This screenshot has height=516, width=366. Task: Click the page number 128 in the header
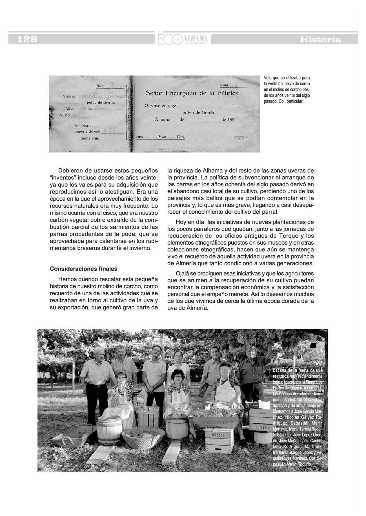pyautogui.click(x=27, y=39)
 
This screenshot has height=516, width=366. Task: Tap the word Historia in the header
pyautogui.click(x=320, y=40)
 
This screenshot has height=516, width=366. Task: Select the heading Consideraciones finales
pyautogui.click(x=83, y=269)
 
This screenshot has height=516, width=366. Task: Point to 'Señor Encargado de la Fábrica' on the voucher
pyautogui.click(x=192, y=93)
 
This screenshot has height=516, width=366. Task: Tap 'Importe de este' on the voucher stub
pyautogui.click(x=87, y=131)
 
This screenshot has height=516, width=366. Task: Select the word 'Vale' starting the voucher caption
pyautogui.click(x=267, y=77)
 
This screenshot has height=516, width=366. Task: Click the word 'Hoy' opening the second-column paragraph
pyautogui.click(x=181, y=222)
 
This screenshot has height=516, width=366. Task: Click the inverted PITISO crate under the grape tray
pyautogui.click(x=219, y=440)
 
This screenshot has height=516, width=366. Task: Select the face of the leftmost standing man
pyautogui.click(x=99, y=356)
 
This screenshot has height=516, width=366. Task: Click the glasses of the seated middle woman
pyautogui.click(x=178, y=377)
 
